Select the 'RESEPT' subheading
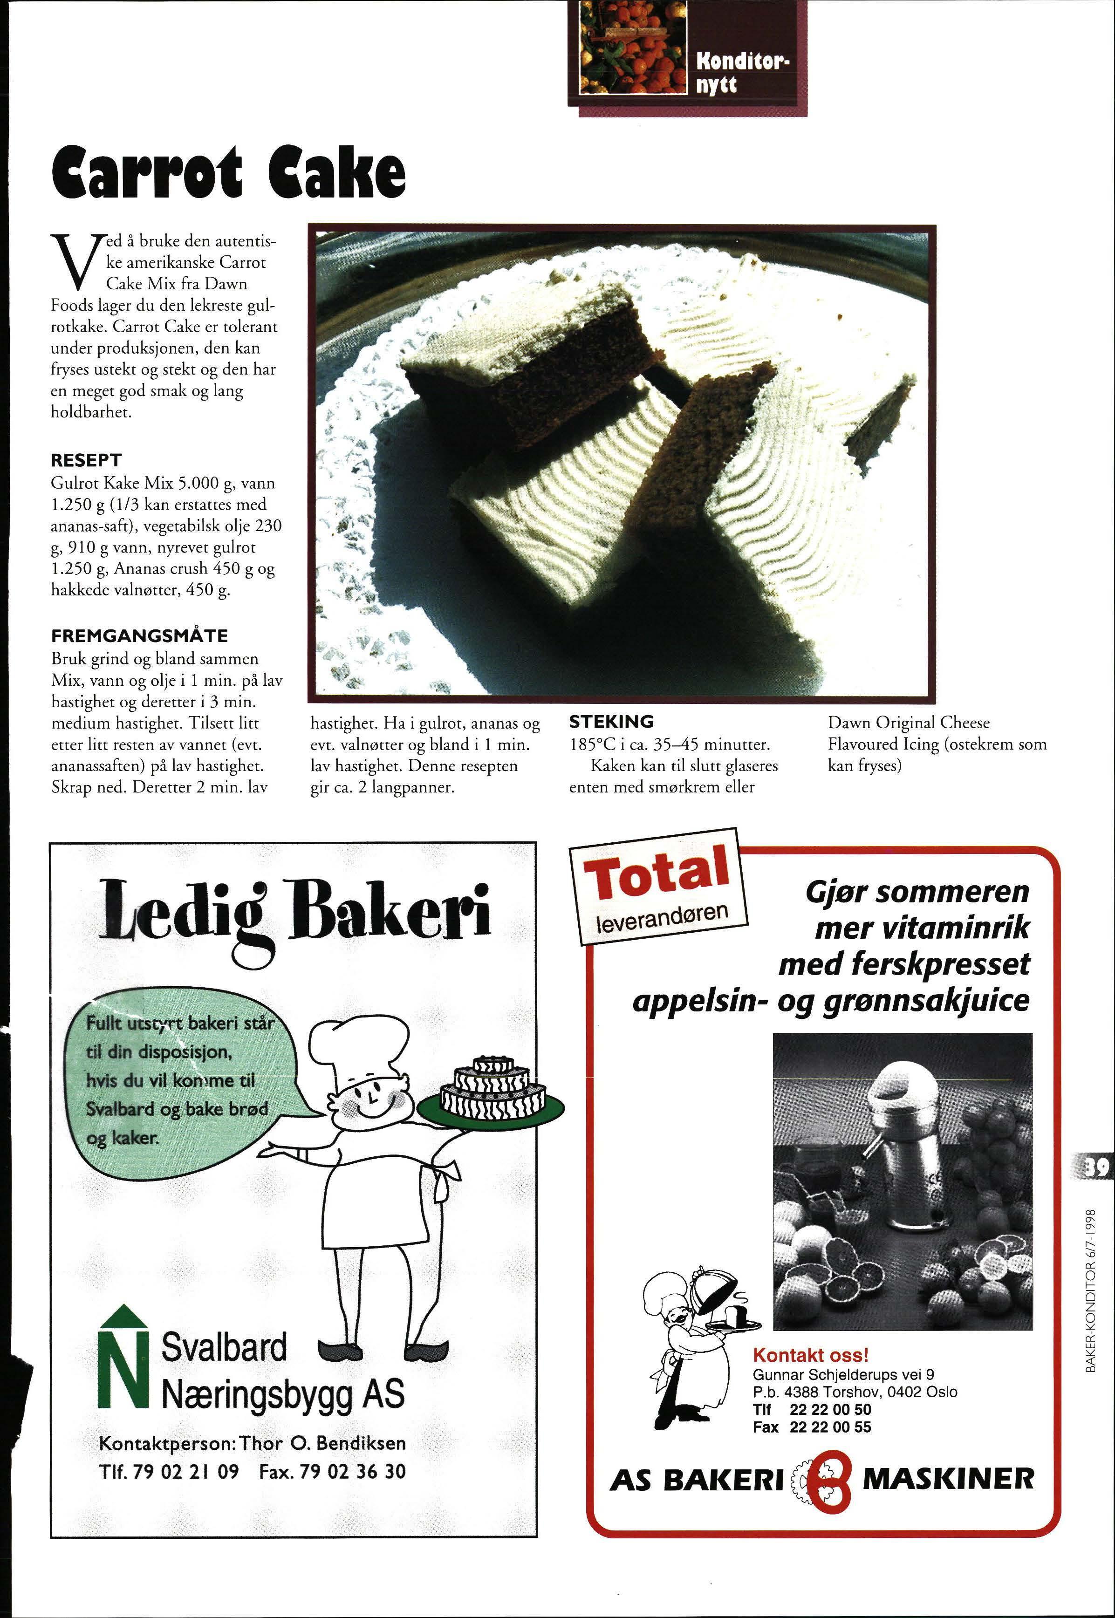coord(86,460)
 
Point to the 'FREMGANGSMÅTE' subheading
coord(140,635)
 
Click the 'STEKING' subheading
coord(611,721)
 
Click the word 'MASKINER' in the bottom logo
coord(948,1479)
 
